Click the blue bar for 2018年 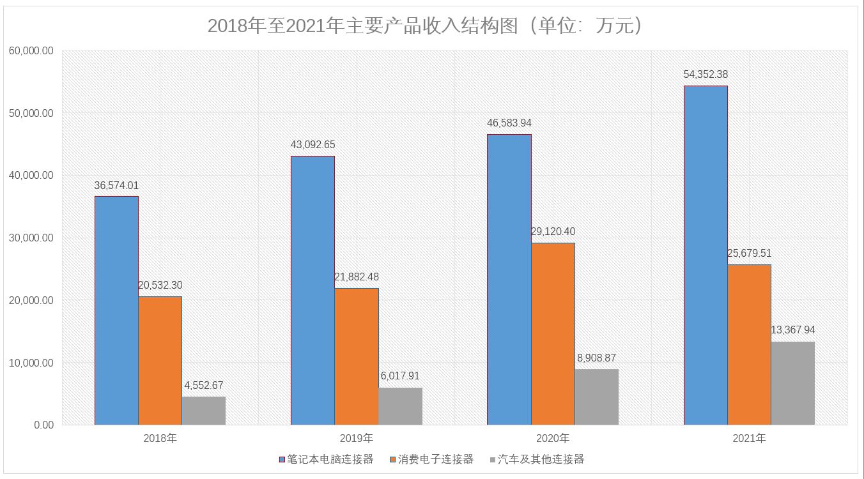click(116, 310)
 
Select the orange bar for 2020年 click(553, 333)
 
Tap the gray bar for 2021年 click(792, 383)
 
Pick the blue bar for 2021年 click(706, 255)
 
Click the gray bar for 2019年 click(400, 406)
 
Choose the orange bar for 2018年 click(160, 361)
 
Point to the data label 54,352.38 click(706, 75)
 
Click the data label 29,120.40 click(553, 231)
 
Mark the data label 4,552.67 click(204, 386)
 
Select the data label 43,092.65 click(312, 145)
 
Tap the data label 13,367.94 click(793, 330)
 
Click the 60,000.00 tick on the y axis click(31, 51)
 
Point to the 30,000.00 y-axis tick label click(31, 238)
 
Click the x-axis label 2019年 click(357, 439)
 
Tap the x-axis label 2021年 click(749, 439)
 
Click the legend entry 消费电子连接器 click(435, 459)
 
